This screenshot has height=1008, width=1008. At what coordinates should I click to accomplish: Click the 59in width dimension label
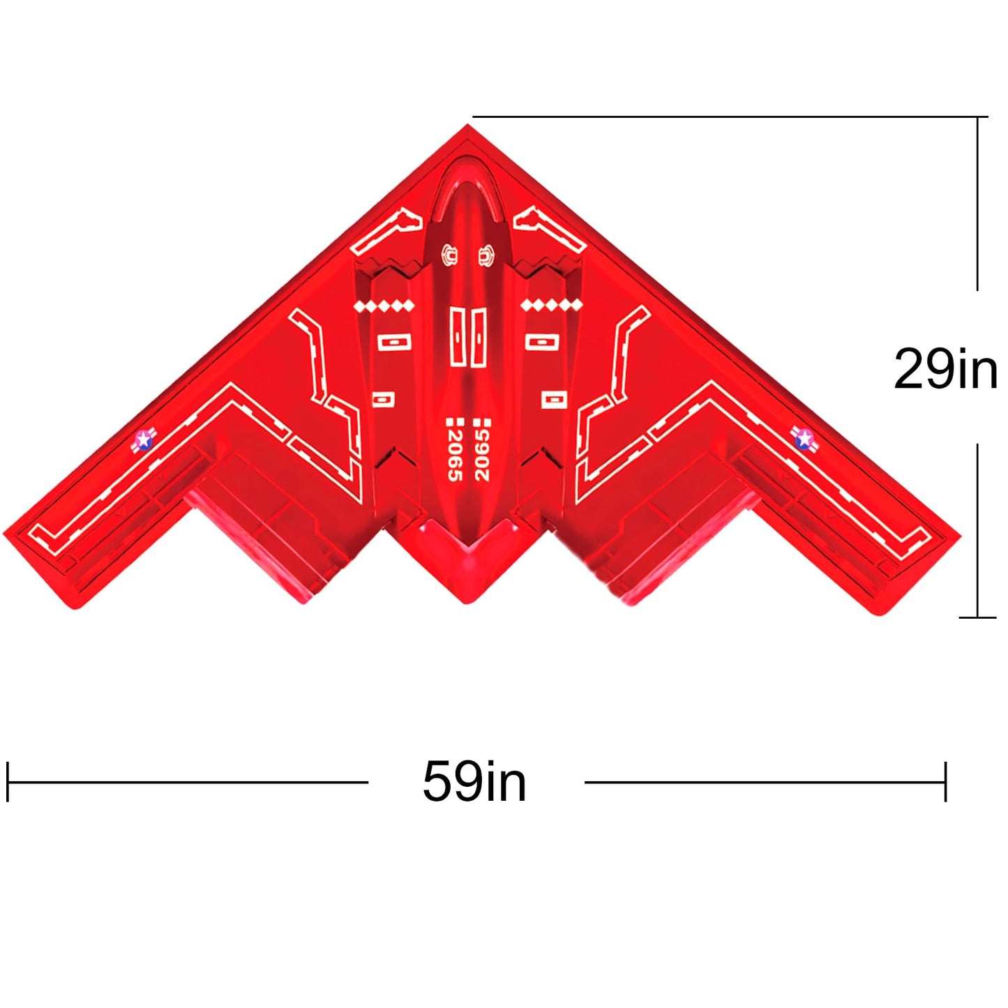pos(474,781)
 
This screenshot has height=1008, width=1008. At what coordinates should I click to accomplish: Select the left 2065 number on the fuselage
pos(455,455)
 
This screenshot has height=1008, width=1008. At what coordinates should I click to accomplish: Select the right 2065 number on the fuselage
pos(481,455)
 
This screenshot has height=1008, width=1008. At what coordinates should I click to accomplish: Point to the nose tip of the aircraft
pos(467,125)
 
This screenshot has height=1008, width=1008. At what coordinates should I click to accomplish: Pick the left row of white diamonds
pos(385,306)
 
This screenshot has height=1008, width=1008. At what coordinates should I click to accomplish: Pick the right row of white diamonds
pos(551,306)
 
